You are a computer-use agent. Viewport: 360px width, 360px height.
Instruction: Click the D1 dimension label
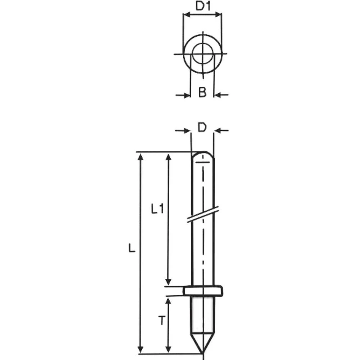click(x=203, y=6)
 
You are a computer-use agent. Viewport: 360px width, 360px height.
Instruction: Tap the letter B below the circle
click(x=202, y=93)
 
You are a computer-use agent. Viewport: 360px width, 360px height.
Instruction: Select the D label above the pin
click(x=202, y=128)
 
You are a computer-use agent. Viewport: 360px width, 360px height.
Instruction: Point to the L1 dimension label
click(x=157, y=209)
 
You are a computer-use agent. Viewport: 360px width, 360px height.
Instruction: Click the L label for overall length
click(x=132, y=248)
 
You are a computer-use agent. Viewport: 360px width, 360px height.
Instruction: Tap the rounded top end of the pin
click(x=202, y=156)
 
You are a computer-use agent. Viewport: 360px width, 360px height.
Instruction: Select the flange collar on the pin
click(x=203, y=290)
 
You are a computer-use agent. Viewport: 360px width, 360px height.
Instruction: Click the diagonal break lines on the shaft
click(x=203, y=214)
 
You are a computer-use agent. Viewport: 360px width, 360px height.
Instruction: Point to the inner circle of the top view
click(x=203, y=54)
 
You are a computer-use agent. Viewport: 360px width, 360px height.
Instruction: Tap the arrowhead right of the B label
click(x=218, y=95)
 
